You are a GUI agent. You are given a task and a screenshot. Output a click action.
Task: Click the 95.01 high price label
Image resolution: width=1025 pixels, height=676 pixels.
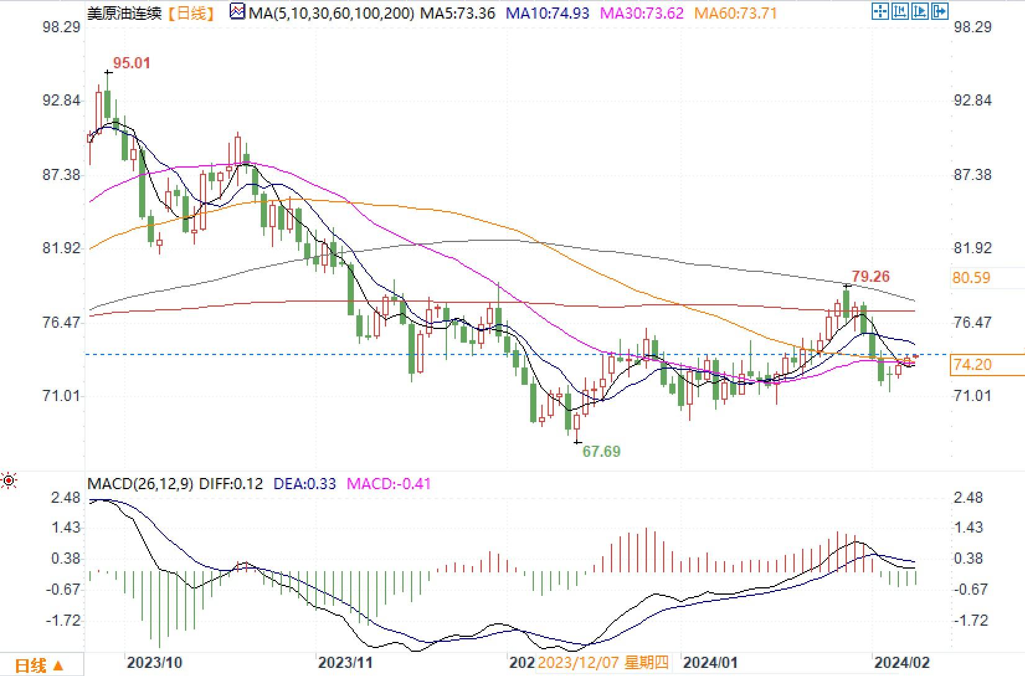tap(132, 63)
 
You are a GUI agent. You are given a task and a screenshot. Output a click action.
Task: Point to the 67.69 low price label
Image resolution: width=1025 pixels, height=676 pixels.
tap(601, 451)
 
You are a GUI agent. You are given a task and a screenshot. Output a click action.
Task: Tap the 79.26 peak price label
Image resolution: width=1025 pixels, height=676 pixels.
tap(870, 277)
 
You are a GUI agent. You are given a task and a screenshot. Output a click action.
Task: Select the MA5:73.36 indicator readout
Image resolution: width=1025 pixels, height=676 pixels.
tap(458, 13)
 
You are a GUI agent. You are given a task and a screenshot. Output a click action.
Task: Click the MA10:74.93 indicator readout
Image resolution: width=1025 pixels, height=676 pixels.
tap(548, 13)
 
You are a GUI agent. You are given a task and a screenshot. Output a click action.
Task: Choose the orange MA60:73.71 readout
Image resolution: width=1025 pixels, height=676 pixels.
tap(736, 13)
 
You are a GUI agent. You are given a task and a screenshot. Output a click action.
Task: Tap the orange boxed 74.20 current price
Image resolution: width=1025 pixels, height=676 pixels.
tap(972, 365)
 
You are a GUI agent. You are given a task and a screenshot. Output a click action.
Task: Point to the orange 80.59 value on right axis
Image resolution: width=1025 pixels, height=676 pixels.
tap(971, 278)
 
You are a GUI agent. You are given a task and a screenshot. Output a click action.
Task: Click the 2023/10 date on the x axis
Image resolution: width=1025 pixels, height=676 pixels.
tap(155, 662)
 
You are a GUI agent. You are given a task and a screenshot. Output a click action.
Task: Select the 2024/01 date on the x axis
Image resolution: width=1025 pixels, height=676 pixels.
tap(710, 662)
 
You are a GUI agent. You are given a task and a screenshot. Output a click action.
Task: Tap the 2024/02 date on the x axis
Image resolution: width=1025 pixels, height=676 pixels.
tap(902, 662)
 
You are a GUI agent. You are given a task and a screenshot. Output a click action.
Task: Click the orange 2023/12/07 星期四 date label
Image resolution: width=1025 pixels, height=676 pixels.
tap(603, 662)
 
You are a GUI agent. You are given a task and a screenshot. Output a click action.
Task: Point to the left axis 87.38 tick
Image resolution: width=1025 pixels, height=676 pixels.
tap(61, 175)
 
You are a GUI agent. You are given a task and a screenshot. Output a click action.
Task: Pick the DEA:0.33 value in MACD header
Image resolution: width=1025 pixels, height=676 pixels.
tap(304, 484)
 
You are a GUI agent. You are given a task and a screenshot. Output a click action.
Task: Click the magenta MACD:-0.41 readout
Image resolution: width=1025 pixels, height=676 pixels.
tap(389, 484)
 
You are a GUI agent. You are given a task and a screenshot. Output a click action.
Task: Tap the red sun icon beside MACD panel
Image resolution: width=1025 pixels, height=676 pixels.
tap(9, 480)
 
